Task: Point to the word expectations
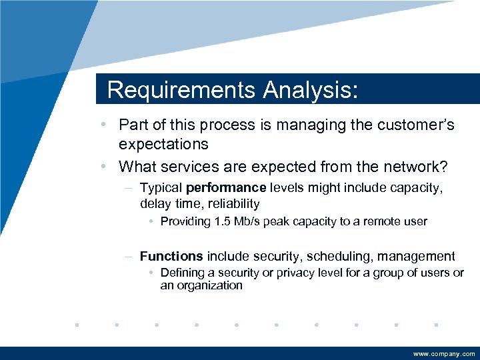pos(163,144)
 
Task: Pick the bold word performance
pos(226,189)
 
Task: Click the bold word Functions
pos(171,256)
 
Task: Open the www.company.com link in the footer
pos(444,354)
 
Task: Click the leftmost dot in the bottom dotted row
pos(77,325)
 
